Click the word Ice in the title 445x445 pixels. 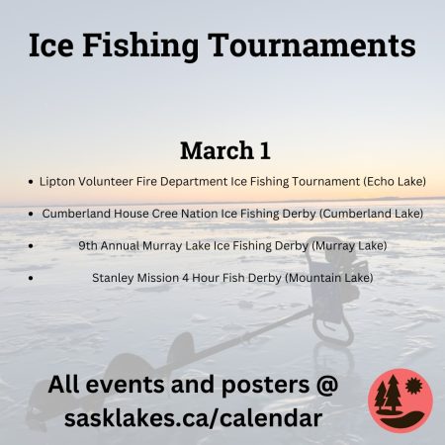pyautogui.click(x=51, y=44)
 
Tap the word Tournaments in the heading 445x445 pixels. pyautogui.click(x=311, y=44)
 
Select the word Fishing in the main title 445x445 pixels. pyautogui.click(x=140, y=46)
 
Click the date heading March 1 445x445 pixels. pyautogui.click(x=225, y=150)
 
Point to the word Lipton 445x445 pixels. pyautogui.click(x=57, y=182)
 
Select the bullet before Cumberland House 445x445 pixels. pyautogui.click(x=31, y=214)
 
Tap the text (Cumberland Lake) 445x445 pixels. pyautogui.click(x=371, y=214)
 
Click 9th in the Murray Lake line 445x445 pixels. pyautogui.click(x=88, y=245)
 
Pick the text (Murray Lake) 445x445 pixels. pyautogui.click(x=349, y=246)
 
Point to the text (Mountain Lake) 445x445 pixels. pyautogui.click(x=329, y=278)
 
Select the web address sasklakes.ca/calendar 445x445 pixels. pyautogui.click(x=193, y=418)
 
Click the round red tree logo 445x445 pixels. pyautogui.click(x=400, y=400)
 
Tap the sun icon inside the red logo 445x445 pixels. pyautogui.click(x=414, y=386)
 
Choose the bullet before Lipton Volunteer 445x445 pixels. pyautogui.click(x=31, y=182)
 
